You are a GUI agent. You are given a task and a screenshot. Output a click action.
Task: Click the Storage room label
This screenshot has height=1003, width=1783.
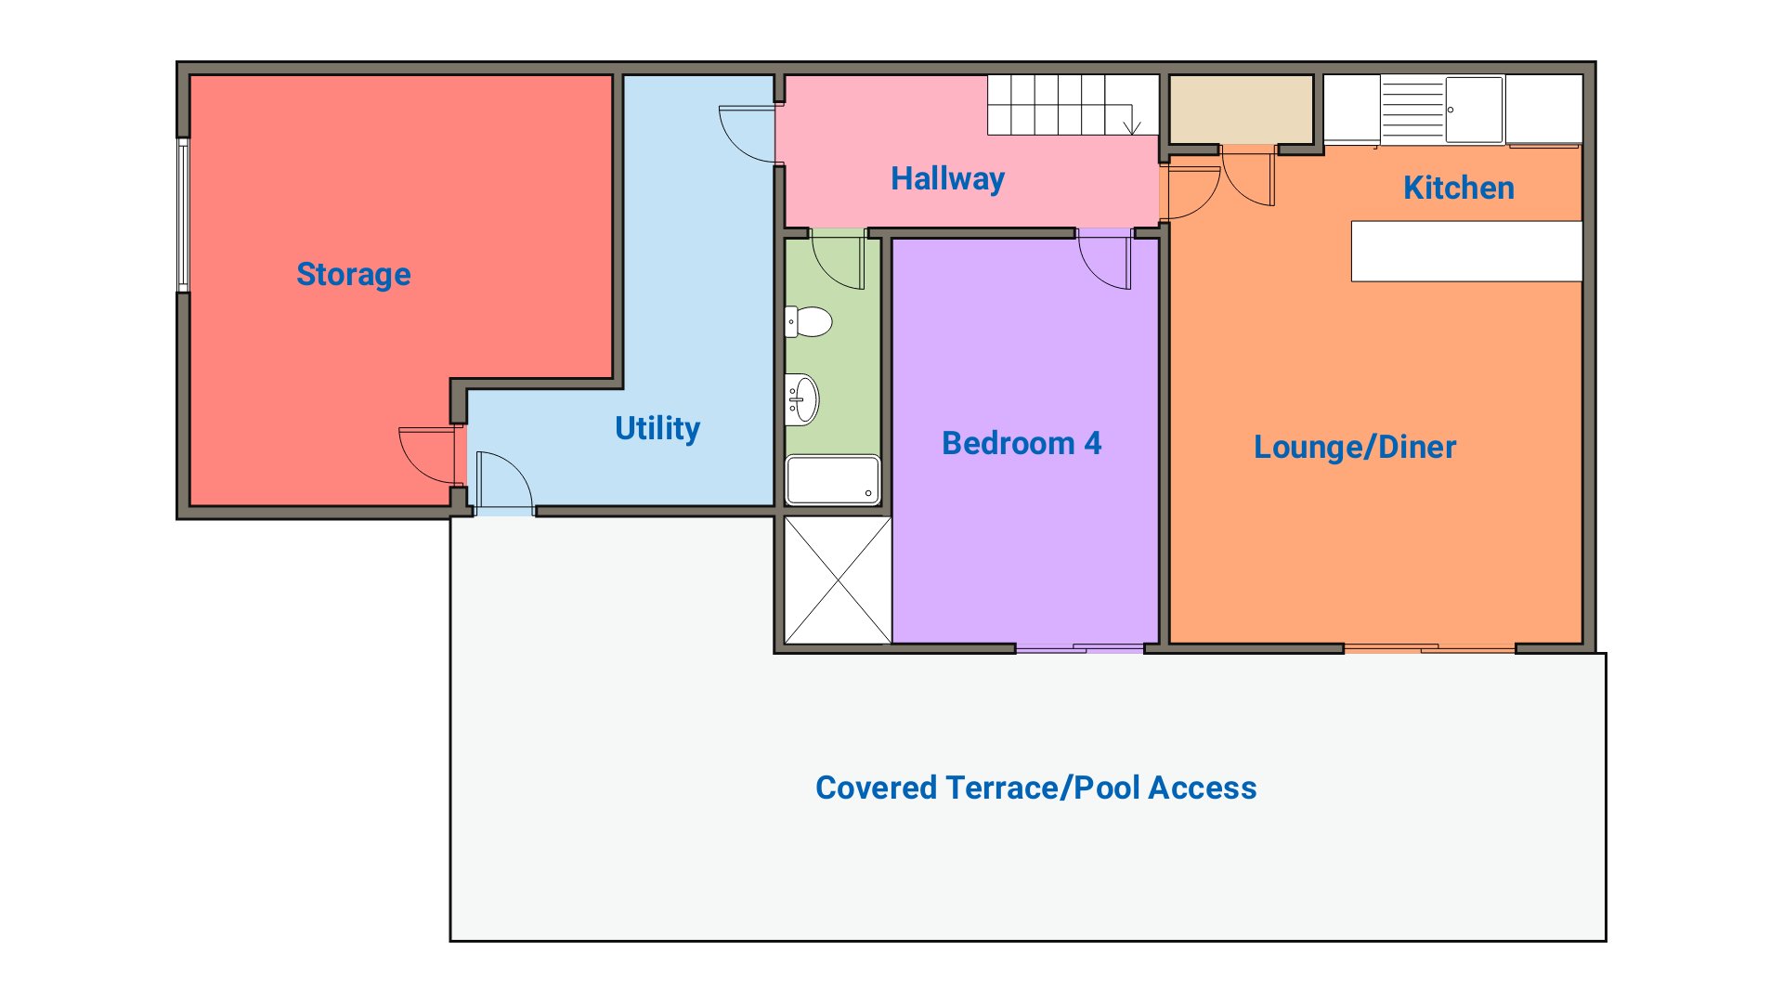[x=353, y=275]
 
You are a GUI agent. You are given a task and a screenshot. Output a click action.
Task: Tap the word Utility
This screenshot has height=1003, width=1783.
[x=657, y=428]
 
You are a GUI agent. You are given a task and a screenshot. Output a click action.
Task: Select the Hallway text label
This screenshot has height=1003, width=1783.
[x=947, y=178]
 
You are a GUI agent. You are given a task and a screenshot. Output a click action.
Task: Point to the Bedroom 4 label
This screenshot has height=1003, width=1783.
[x=1022, y=443]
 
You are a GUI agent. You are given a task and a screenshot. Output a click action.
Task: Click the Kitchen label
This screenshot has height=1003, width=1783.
[x=1459, y=188]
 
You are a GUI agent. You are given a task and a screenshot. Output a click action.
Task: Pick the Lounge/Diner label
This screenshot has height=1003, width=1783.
[x=1355, y=447]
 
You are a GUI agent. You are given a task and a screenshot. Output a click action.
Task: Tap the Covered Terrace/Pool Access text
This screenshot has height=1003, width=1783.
[x=1035, y=788]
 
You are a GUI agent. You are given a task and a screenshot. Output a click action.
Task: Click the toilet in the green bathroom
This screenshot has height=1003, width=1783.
[x=808, y=322]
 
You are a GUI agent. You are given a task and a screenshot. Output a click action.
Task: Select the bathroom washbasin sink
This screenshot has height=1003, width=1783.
[x=801, y=399]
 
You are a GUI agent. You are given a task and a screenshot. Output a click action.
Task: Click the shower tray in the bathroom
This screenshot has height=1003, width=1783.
[x=833, y=479]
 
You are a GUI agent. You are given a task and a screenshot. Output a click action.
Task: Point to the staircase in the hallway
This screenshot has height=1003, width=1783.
[x=1073, y=104]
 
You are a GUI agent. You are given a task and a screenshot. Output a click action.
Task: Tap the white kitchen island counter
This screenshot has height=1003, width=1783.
[x=1466, y=251]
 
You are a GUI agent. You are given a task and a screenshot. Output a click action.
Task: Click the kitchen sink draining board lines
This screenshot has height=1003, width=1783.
[x=1412, y=110]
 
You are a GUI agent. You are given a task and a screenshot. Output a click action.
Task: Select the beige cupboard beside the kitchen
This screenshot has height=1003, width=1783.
[x=1240, y=110]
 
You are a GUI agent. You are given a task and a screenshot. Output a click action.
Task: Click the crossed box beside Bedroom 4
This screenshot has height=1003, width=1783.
[x=838, y=580]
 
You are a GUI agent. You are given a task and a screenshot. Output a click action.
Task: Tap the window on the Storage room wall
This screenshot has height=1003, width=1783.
[x=184, y=215]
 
